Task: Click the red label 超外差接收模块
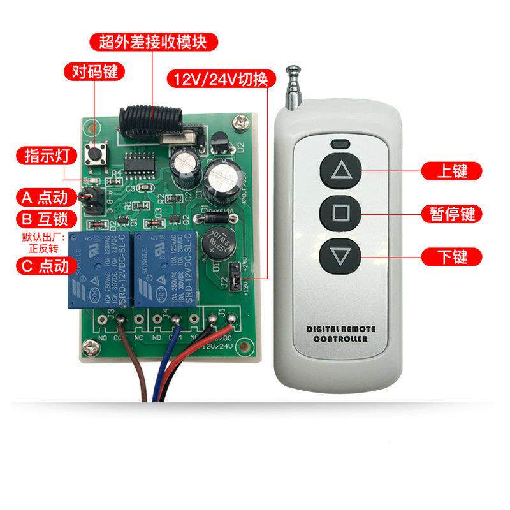[154, 43]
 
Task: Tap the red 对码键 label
[94, 71]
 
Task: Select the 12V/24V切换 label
[221, 80]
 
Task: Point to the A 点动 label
[46, 196]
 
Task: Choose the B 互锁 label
[46, 219]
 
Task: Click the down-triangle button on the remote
[339, 256]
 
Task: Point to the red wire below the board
[185, 367]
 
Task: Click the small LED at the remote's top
[339, 143]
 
